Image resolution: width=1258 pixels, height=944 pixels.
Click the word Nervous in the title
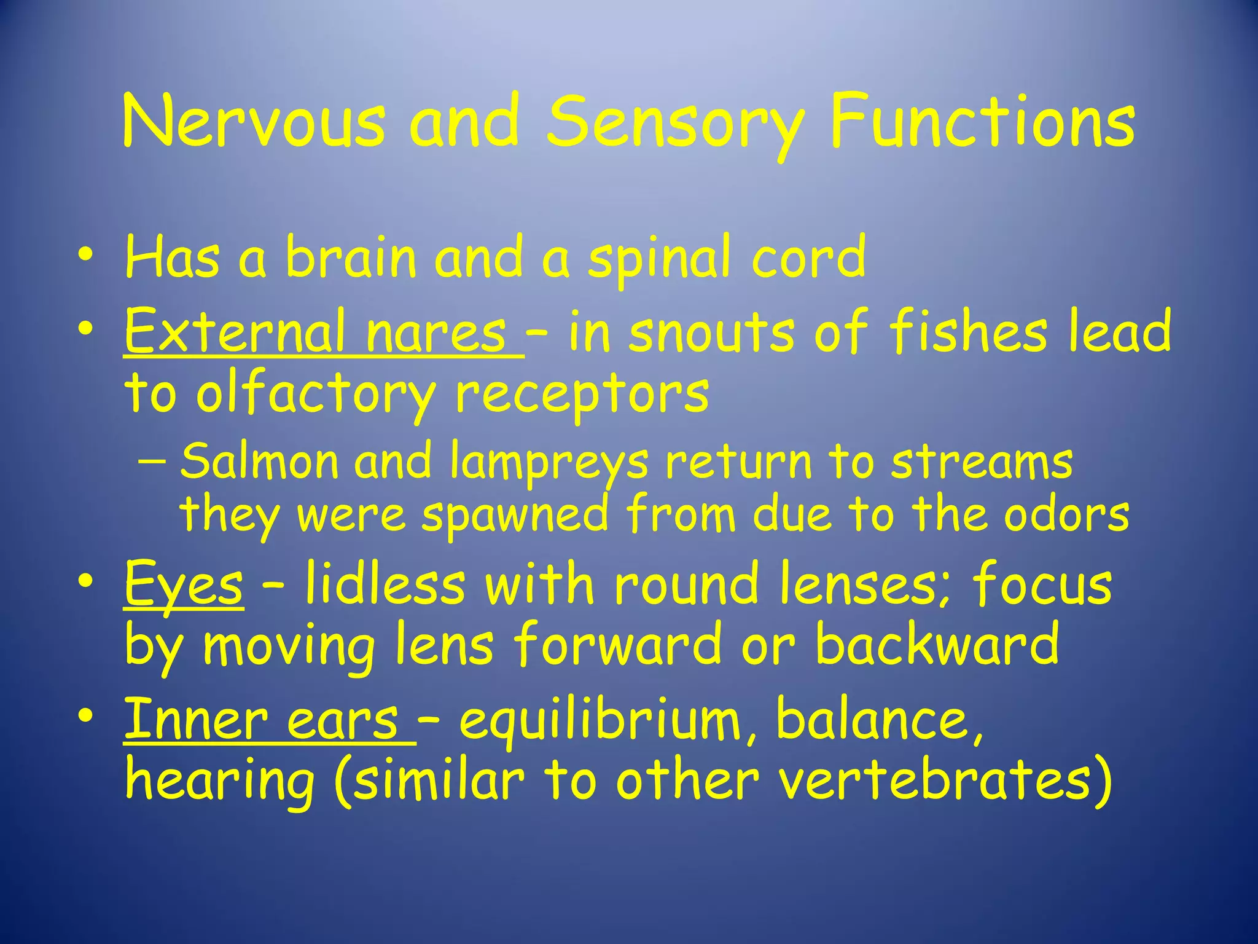[x=253, y=120]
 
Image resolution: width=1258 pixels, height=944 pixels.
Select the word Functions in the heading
[x=982, y=120]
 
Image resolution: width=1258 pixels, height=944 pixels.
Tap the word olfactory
[x=315, y=394]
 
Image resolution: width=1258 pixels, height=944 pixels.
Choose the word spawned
[x=515, y=515]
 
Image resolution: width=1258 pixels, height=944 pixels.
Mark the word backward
[x=937, y=644]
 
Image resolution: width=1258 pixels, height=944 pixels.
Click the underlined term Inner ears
[x=269, y=720]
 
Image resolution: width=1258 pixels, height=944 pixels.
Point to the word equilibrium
[x=600, y=722]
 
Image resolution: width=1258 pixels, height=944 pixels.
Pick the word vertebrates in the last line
[x=936, y=781]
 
